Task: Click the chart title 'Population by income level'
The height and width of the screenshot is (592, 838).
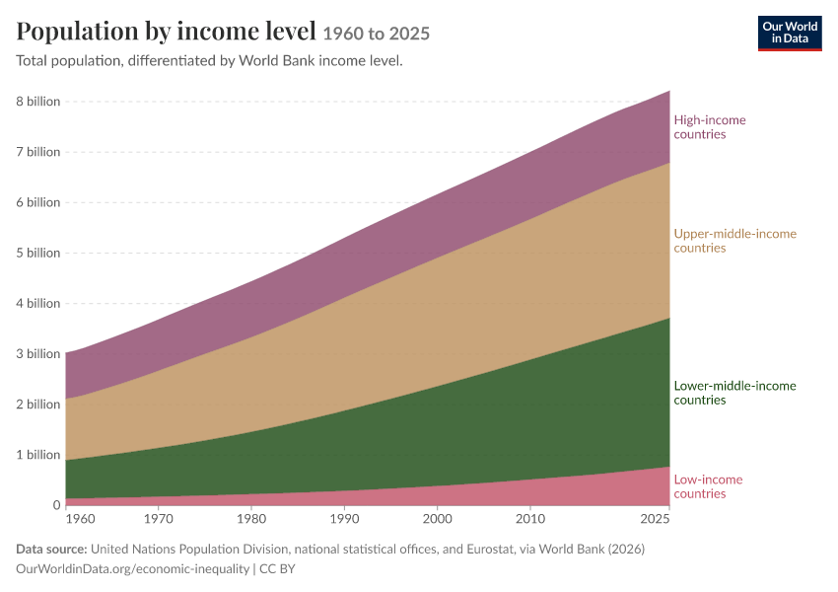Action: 167,31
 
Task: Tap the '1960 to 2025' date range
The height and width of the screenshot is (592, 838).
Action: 377,34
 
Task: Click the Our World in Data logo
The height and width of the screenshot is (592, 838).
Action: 790,34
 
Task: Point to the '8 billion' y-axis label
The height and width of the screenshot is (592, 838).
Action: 37,102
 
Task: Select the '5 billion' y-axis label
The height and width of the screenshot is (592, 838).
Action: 37,253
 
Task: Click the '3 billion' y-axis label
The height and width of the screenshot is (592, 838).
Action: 37,354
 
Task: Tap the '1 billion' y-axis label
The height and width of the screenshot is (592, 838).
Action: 37,455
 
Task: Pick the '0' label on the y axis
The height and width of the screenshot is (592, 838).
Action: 56,505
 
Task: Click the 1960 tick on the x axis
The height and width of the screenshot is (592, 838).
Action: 80,519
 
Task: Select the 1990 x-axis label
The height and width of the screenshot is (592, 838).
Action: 345,519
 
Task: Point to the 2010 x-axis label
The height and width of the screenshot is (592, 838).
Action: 530,519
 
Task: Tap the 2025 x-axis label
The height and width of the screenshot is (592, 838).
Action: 656,519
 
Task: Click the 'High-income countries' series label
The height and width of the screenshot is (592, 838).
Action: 710,127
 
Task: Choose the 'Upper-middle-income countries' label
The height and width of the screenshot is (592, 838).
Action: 734,241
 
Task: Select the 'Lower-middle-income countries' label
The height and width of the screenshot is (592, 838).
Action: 734,393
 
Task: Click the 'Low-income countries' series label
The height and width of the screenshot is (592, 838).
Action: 708,486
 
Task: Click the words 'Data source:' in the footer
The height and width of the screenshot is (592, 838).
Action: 51,550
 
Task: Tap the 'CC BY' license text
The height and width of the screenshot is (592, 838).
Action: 277,569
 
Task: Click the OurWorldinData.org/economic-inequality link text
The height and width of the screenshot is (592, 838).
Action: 132,569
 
